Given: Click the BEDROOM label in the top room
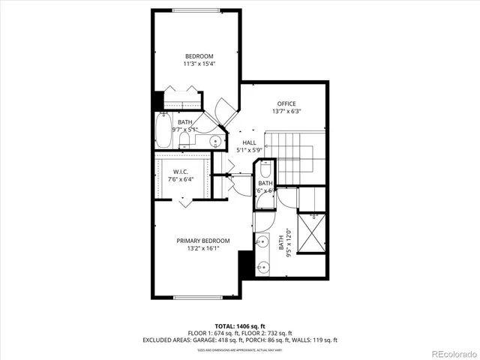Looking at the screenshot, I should click(x=199, y=56).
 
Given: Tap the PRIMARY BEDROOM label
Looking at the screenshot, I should click(x=203, y=241).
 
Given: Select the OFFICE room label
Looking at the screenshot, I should click(x=286, y=103).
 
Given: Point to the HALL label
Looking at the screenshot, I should click(x=249, y=142).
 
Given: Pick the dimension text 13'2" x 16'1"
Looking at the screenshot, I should click(x=203, y=250).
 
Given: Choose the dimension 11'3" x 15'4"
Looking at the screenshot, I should click(x=199, y=64).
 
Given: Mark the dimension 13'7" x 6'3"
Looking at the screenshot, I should click(x=286, y=112).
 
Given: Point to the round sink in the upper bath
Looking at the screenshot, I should click(x=215, y=139).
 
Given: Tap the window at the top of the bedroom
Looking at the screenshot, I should click(x=196, y=10).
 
